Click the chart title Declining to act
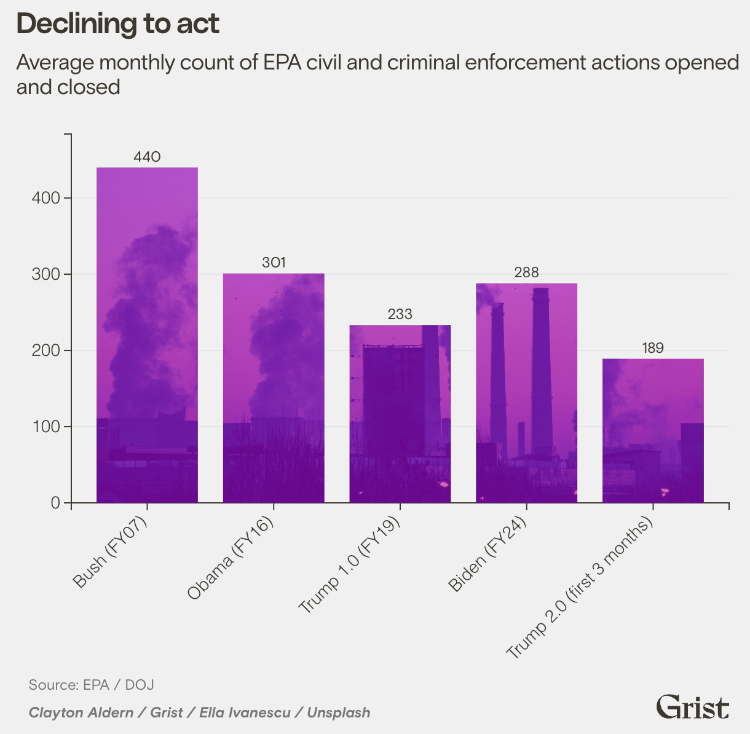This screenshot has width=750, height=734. pyautogui.click(x=117, y=24)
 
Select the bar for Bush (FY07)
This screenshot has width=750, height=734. pyautogui.click(x=147, y=335)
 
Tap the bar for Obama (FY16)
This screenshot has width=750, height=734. pyautogui.click(x=273, y=388)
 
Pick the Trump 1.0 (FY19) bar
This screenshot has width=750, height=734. pyautogui.click(x=400, y=414)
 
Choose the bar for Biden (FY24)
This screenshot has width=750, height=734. pyautogui.click(x=526, y=393)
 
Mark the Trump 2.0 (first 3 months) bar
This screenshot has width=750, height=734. pyautogui.click(x=653, y=430)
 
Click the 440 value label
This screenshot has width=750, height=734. pyautogui.click(x=147, y=157)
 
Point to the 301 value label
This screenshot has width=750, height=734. pyautogui.click(x=274, y=263)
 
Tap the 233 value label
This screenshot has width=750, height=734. pyautogui.click(x=400, y=315)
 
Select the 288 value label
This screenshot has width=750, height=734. pyautogui.click(x=526, y=273)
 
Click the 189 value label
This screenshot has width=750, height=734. pyautogui.click(x=653, y=349)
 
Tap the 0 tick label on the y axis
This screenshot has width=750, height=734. pyautogui.click(x=55, y=503)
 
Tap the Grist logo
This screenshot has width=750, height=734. pyautogui.click(x=692, y=707)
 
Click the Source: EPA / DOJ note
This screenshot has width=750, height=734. pyautogui.click(x=91, y=685)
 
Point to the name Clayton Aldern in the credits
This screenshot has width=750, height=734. pyautogui.click(x=81, y=713)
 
